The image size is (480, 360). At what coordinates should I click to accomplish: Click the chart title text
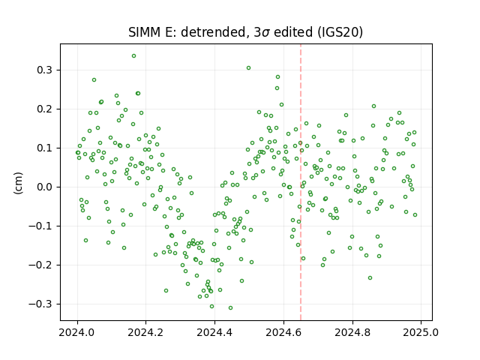pos(245,32)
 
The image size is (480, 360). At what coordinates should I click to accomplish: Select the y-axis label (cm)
pos(18,183)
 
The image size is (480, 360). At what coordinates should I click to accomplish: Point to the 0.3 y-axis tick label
pos(45,70)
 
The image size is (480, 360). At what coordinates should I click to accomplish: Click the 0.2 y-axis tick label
pos(45,109)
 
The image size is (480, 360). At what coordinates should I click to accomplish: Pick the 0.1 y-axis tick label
pos(45,148)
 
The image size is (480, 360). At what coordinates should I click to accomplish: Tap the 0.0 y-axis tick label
pos(45,187)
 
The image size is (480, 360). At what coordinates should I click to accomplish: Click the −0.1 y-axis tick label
pos(40,226)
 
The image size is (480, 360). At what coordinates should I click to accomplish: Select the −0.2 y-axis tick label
pos(40,265)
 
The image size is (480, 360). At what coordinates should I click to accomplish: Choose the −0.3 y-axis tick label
pos(40,304)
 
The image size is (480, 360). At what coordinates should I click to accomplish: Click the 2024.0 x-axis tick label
pos(77,332)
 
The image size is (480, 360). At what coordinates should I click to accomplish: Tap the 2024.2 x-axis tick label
pos(146,332)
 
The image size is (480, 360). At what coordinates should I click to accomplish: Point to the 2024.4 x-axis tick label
pos(215,332)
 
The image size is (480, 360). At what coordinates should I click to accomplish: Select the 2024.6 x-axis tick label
pos(283,332)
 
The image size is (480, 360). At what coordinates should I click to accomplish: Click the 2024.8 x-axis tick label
pos(352,332)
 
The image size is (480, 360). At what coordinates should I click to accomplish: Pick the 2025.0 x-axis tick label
pos(421,332)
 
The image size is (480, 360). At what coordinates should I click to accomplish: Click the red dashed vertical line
pos(301,182)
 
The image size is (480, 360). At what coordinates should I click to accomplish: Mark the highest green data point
pos(133,56)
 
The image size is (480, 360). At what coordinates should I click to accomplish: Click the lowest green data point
pos(230,308)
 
